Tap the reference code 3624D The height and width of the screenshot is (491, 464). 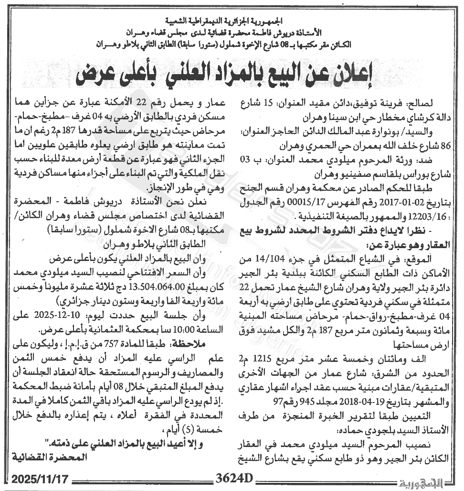coord(233,479)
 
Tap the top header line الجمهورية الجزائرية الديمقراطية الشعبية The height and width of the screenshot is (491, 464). coord(231,22)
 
